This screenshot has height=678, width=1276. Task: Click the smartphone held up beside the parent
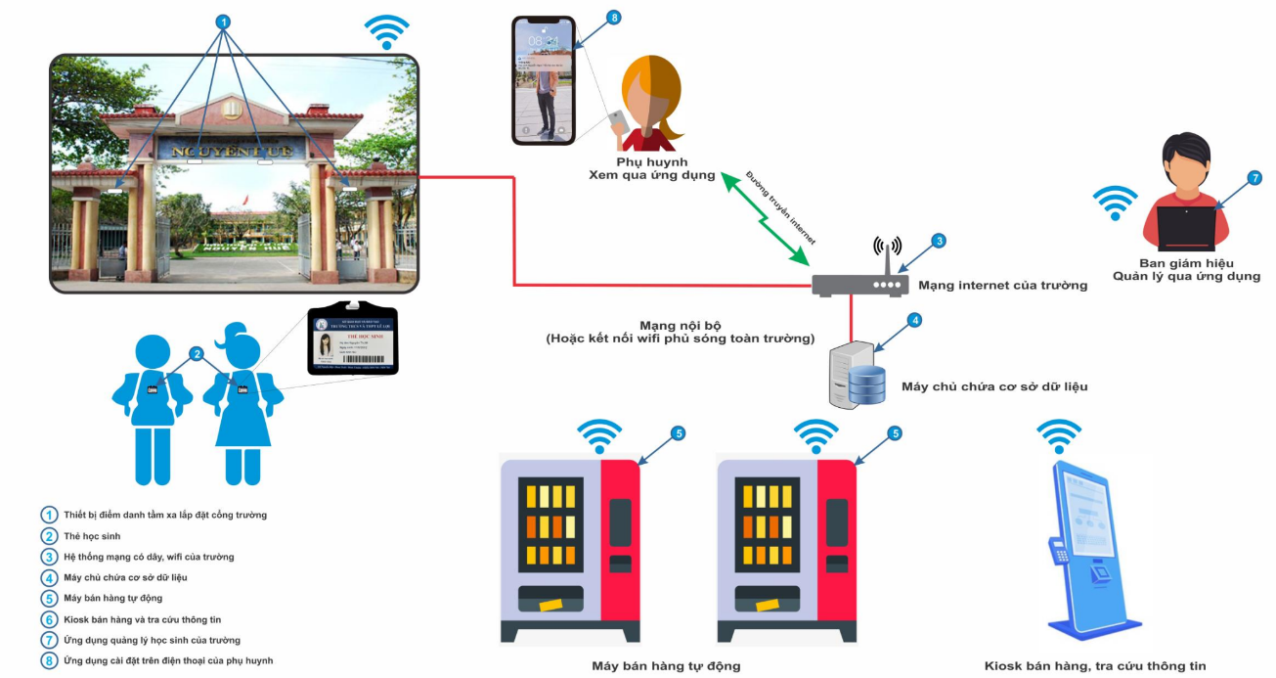click(543, 78)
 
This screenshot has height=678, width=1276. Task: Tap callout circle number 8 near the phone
click(614, 18)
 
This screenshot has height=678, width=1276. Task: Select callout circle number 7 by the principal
click(1254, 178)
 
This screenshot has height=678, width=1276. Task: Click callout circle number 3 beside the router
click(938, 241)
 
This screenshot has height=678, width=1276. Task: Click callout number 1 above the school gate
click(223, 21)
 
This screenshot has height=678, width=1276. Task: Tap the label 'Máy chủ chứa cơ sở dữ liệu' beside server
click(993, 386)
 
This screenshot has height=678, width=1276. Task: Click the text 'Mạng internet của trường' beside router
click(1002, 286)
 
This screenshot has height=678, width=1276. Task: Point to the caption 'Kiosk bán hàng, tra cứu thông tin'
click(1095, 666)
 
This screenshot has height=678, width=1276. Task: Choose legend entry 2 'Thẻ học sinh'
click(92, 536)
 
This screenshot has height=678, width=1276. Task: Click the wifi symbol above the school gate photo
click(386, 31)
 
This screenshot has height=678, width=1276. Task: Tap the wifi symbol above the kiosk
click(1059, 435)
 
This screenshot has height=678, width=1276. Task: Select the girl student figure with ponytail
click(240, 401)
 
